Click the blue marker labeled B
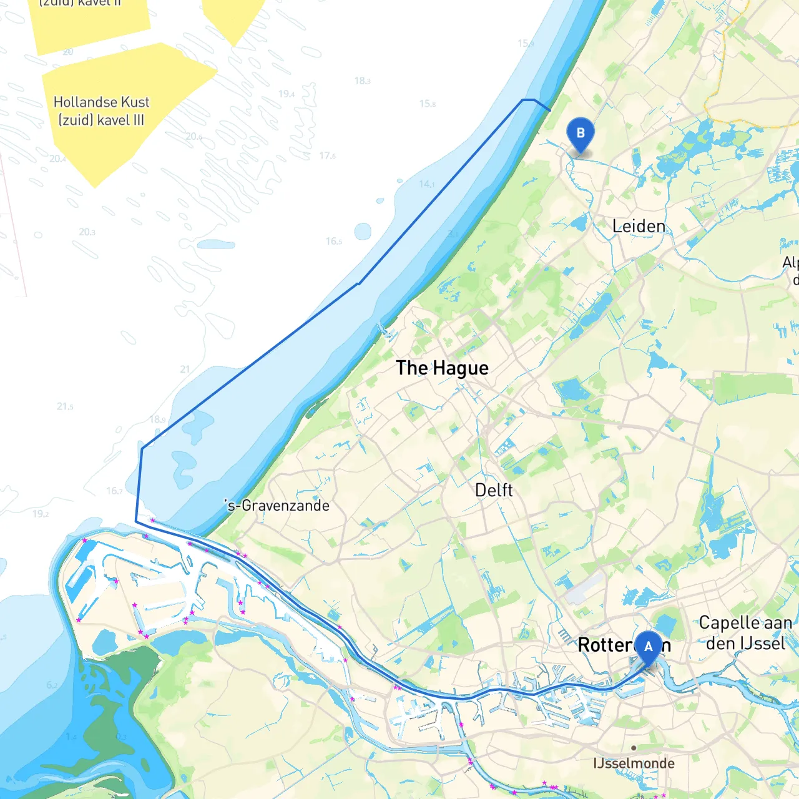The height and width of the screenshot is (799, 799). click(581, 134)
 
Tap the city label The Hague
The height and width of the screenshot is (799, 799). click(442, 368)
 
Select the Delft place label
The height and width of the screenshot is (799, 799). click(494, 491)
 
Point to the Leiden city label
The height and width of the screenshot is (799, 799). click(639, 226)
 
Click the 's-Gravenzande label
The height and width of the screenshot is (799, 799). click(277, 505)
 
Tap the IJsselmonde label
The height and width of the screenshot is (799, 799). click(634, 763)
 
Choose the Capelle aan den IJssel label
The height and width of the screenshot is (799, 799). click(745, 633)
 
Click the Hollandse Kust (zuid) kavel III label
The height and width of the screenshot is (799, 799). click(101, 111)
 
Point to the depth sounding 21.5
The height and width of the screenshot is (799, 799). click(65, 406)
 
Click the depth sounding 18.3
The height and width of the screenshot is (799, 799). click(362, 81)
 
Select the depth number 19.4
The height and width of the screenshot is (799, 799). click(287, 94)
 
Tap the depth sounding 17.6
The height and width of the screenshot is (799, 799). click(327, 155)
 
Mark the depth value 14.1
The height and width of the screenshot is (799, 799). click(427, 184)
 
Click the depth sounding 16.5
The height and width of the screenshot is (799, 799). click(333, 241)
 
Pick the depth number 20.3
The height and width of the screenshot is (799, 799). click(87, 232)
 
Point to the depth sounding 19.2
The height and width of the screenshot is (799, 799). click(41, 514)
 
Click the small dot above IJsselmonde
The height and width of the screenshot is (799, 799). click(634, 748)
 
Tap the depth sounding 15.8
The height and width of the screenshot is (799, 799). click(427, 104)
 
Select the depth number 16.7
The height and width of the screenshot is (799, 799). click(114, 491)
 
